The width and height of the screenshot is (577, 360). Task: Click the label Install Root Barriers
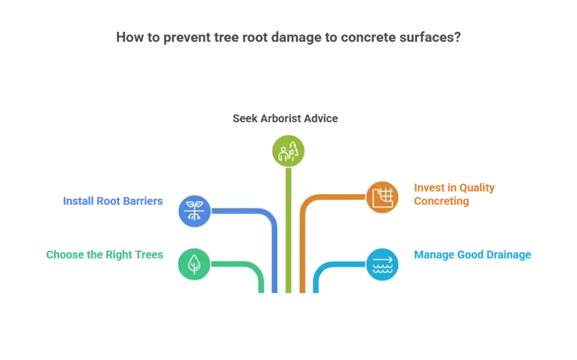tap(114, 201)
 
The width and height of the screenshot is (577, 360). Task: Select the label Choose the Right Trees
tap(105, 255)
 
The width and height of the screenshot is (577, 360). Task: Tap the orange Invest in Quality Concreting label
tap(453, 194)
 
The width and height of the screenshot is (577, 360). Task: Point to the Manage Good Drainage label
tap(472, 255)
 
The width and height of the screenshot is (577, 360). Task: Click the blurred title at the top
tap(287, 38)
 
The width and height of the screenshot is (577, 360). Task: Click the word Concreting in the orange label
tap(441, 201)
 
